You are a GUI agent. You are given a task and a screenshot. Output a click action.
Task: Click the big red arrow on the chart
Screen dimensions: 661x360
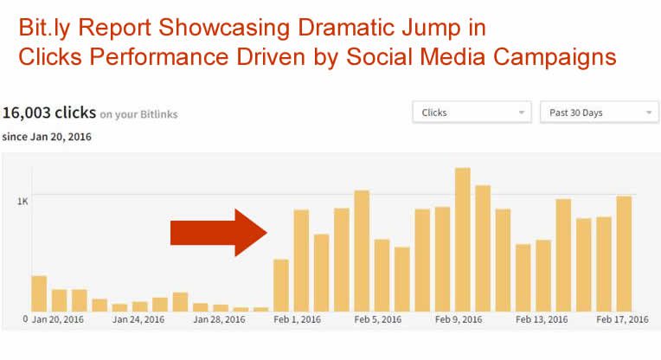coord(218,233)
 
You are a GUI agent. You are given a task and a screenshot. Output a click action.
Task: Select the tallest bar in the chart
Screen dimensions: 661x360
coord(463,240)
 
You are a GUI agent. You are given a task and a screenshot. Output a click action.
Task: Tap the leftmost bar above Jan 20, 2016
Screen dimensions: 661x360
coord(39,293)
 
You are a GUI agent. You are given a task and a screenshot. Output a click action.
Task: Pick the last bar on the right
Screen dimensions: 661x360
coord(624,254)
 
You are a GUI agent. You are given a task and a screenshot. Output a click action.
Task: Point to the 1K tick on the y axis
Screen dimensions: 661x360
coord(22,202)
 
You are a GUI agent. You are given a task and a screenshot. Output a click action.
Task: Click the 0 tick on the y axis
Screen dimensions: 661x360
coord(25,319)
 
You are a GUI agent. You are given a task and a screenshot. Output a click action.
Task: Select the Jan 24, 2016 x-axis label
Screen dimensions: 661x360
coord(138,319)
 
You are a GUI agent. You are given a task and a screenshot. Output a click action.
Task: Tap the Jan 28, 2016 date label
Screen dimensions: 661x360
coord(219,319)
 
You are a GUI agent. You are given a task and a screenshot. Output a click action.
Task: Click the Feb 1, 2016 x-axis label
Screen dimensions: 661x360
coord(298,319)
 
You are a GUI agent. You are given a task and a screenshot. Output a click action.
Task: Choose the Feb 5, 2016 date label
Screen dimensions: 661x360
coord(378,319)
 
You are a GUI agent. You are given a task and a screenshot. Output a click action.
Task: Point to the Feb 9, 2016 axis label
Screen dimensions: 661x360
coord(459,319)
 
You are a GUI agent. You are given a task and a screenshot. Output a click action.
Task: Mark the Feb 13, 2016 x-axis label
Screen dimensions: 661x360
coord(542,319)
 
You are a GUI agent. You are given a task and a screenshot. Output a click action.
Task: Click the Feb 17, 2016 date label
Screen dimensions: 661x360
coord(622,319)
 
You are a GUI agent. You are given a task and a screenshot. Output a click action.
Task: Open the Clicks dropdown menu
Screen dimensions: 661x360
coord(472,112)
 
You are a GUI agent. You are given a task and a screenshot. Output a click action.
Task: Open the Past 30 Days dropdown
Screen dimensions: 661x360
coord(600,112)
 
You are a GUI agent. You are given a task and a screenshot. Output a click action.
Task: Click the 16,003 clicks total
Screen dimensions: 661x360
coord(49,113)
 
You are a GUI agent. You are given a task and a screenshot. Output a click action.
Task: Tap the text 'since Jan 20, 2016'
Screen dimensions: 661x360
coord(47,137)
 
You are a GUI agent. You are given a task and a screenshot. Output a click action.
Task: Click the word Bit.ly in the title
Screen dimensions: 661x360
coord(44,29)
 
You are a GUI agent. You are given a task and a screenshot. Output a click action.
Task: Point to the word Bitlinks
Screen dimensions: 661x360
coord(159,114)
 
